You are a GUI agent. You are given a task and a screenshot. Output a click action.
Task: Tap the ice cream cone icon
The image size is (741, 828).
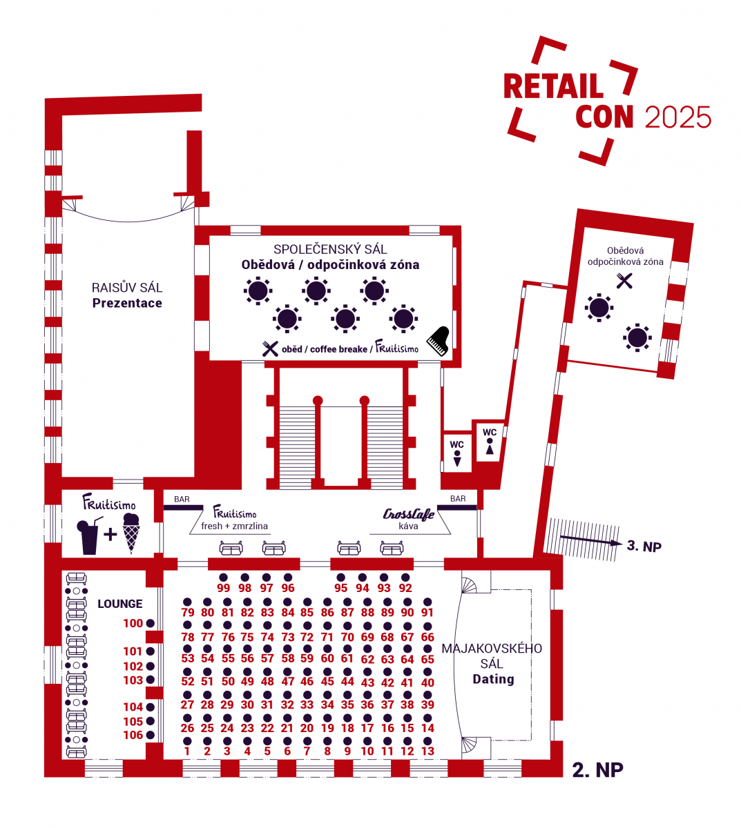pyautogui.click(x=131, y=533)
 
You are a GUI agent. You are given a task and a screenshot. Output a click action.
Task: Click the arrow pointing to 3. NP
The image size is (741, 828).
pyautogui.click(x=590, y=541)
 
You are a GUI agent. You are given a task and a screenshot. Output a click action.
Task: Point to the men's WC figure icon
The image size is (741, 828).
pyautogui.click(x=457, y=457)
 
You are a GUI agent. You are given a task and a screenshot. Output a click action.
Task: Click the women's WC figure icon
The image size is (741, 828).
pyautogui.click(x=490, y=446)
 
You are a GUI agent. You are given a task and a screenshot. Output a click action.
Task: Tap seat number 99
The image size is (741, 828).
pyautogui.click(x=223, y=578)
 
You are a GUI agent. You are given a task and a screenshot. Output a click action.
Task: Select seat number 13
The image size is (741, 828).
pyautogui.click(x=427, y=741)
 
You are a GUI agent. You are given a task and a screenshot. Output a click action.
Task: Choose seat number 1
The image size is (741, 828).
pyautogui.click(x=187, y=741)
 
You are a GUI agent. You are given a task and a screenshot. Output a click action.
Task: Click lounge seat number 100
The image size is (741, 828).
pyautogui.click(x=151, y=624)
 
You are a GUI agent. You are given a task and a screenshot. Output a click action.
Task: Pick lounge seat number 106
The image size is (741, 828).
pyautogui.click(x=151, y=736)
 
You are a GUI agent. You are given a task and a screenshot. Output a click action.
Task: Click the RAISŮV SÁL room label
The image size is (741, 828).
pyautogui.click(x=127, y=288)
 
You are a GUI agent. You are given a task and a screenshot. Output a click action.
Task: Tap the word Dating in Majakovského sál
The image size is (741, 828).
pyautogui.click(x=493, y=679)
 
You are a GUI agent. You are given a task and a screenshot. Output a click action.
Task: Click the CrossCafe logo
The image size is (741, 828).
pyautogui.click(x=409, y=514)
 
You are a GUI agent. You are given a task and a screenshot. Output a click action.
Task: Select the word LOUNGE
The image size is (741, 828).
pyautogui.click(x=120, y=604)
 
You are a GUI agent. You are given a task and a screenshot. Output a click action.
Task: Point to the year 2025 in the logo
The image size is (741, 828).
pyautogui.click(x=677, y=118)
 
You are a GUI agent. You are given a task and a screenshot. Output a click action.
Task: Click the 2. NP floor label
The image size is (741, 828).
pyautogui.click(x=597, y=769)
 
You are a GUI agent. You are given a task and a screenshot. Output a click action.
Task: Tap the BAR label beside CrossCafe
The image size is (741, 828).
pyautogui.click(x=458, y=498)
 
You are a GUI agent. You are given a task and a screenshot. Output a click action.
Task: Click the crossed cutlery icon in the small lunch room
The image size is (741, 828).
pyautogui.click(x=624, y=280)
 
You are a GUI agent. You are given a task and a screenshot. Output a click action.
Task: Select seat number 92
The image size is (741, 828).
pyautogui.click(x=405, y=578)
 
